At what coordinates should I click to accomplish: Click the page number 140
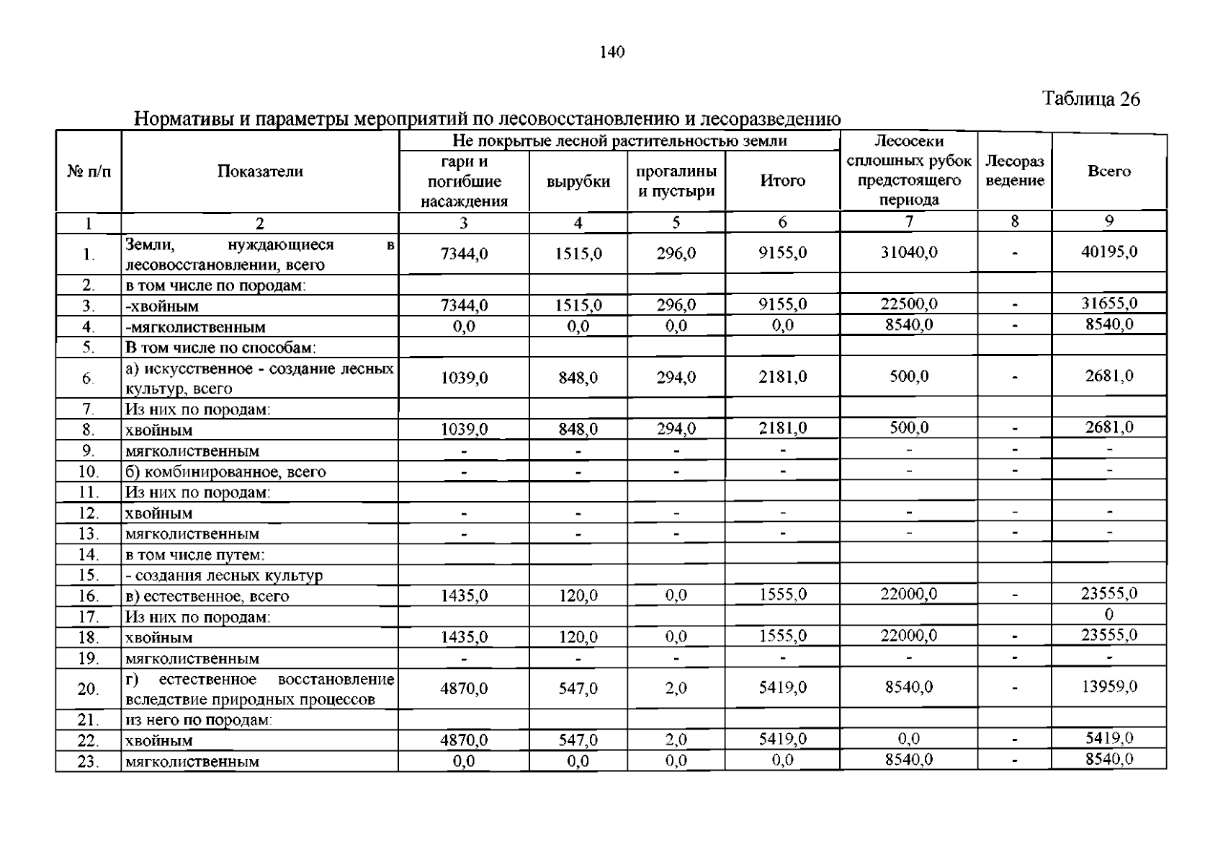tap(611, 52)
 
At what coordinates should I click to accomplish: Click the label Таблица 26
tap(1091, 99)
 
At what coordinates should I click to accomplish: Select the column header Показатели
tap(260, 172)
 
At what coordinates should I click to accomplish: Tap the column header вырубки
tap(578, 182)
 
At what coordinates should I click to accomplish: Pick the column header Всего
tap(1108, 172)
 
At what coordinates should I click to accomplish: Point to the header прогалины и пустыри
tap(676, 182)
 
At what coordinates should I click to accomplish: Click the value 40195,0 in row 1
tap(1108, 252)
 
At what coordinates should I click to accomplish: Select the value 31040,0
tap(909, 252)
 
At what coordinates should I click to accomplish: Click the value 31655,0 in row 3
tap(1108, 303)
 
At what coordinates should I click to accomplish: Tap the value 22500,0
tap(909, 304)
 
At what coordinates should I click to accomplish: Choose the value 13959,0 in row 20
tap(1108, 687)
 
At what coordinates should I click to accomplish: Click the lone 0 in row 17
tap(1108, 615)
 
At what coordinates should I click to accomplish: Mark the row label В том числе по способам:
tap(220, 348)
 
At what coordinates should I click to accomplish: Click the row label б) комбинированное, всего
tap(225, 473)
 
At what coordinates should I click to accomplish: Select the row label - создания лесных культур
tap(224, 576)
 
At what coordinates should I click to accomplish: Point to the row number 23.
tap(88, 762)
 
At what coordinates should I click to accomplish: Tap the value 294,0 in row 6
tap(676, 377)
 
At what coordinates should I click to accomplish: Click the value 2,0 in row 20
tap(676, 689)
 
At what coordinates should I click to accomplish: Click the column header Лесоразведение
tap(1014, 172)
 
